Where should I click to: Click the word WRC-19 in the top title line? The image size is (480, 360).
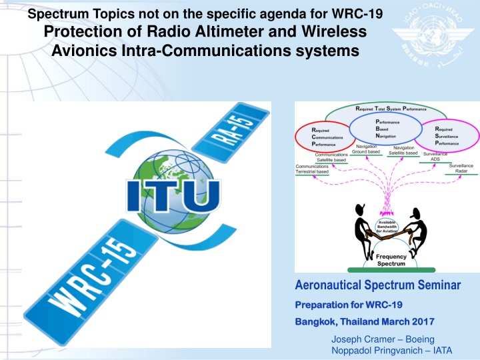click(x=357, y=14)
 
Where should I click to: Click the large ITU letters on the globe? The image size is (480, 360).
click(x=173, y=196)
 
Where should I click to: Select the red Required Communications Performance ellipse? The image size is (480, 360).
click(x=323, y=137)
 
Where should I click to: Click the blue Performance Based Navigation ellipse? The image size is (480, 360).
click(x=386, y=129)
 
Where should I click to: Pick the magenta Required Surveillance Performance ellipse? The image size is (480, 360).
click(x=447, y=135)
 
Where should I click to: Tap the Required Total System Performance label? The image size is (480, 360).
click(x=391, y=109)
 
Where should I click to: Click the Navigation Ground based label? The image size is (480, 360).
click(x=366, y=149)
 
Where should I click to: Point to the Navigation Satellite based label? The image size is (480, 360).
click(x=403, y=150)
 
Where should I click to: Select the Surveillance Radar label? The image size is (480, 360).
click(x=461, y=169)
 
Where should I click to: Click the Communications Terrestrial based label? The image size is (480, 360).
click(x=312, y=169)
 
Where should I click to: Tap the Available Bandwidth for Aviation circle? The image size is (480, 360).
click(x=387, y=227)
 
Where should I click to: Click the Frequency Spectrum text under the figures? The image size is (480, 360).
click(x=391, y=260)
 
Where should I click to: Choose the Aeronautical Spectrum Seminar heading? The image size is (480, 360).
click(x=378, y=285)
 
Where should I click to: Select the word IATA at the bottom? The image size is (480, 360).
click(x=443, y=351)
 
